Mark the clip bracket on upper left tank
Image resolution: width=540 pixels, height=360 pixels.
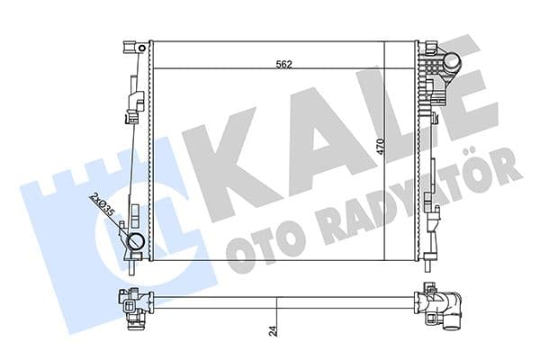pos(133,103)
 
